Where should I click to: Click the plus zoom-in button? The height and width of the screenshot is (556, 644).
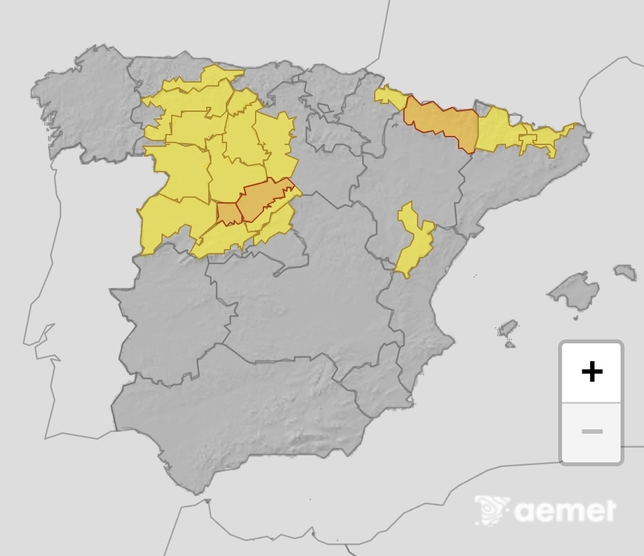[591, 372]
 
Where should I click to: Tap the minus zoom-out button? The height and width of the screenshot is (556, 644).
[591, 432]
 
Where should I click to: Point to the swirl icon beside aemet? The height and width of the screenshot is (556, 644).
[492, 510]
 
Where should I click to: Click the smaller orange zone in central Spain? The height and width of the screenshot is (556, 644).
[228, 213]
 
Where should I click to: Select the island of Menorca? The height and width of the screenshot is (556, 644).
[625, 271]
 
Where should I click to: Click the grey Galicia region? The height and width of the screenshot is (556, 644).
[85, 111]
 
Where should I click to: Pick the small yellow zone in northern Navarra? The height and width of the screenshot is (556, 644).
[390, 96]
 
